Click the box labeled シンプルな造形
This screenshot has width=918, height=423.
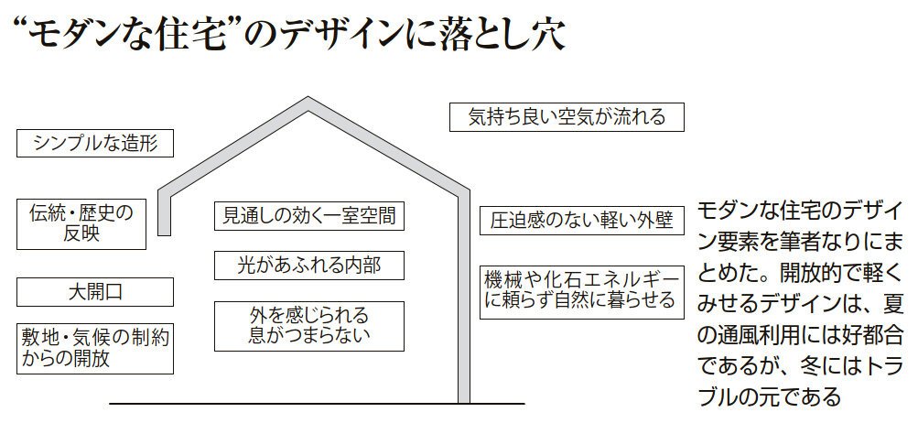click(x=95, y=143)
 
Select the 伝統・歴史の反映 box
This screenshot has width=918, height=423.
click(x=82, y=223)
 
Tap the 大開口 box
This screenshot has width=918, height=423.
click(x=95, y=292)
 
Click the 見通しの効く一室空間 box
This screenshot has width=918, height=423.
click(x=309, y=216)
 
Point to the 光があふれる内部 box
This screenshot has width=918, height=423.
click(x=309, y=266)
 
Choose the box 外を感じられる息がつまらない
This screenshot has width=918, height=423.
click(x=309, y=325)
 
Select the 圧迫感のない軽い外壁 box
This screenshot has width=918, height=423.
click(x=582, y=221)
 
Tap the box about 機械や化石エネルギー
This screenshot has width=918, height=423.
click(x=582, y=290)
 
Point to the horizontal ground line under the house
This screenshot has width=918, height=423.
click(x=316, y=403)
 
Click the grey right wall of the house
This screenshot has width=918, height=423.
click(x=463, y=302)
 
